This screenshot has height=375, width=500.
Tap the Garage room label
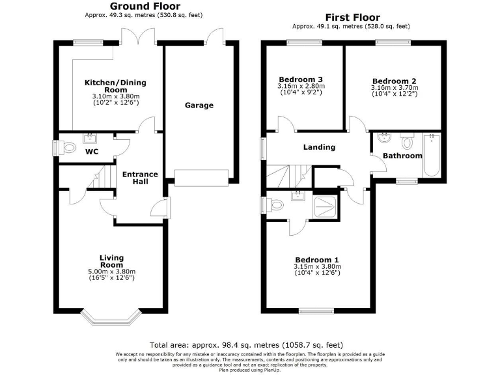click(x=199, y=105)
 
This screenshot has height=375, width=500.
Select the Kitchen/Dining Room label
click(x=115, y=87)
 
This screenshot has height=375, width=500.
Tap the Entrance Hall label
click(x=141, y=178)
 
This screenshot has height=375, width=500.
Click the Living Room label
click(x=111, y=262)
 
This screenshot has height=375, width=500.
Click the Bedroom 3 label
click(x=300, y=79)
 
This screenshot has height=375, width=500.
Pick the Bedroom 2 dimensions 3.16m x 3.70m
click(x=395, y=88)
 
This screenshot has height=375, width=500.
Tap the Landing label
click(x=319, y=147)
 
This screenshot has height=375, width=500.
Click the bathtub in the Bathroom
click(x=432, y=156)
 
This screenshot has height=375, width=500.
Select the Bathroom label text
click(x=402, y=156)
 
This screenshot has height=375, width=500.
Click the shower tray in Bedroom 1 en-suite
click(x=326, y=206)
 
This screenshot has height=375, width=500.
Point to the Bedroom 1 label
click(x=314, y=258)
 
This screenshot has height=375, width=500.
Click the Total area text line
click(x=246, y=345)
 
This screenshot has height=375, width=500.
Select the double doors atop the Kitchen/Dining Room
click(x=136, y=38)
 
